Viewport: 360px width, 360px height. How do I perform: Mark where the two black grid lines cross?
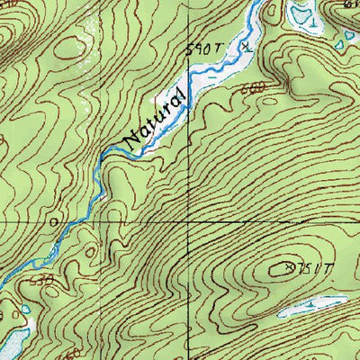188,221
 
